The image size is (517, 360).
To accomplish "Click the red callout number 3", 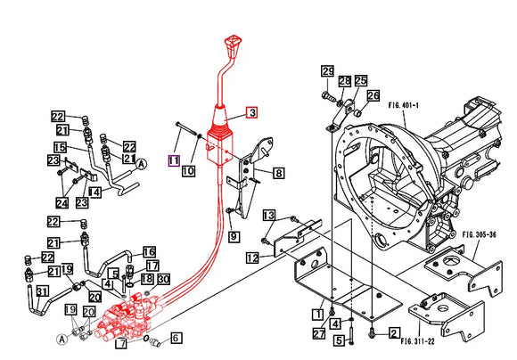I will click(252, 112).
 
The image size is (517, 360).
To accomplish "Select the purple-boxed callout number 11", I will click(174, 160).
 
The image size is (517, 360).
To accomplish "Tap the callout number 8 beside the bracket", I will click(279, 173).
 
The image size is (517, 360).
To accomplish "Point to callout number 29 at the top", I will click(327, 71).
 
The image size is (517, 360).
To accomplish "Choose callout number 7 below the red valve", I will click(120, 343).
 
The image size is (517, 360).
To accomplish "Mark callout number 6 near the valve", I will click(176, 338).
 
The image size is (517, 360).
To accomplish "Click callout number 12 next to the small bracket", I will click(252, 258).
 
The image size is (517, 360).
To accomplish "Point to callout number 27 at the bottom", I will click(318, 334).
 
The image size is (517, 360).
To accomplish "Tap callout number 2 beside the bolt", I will click(393, 333).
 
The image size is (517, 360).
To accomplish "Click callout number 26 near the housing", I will click(373, 96).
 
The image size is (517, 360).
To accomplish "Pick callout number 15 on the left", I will click(60, 147).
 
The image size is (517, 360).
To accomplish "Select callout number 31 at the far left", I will click(42, 291).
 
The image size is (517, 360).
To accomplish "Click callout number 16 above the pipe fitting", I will click(149, 252).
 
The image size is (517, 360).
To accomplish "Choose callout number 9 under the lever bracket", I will click(234, 236).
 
